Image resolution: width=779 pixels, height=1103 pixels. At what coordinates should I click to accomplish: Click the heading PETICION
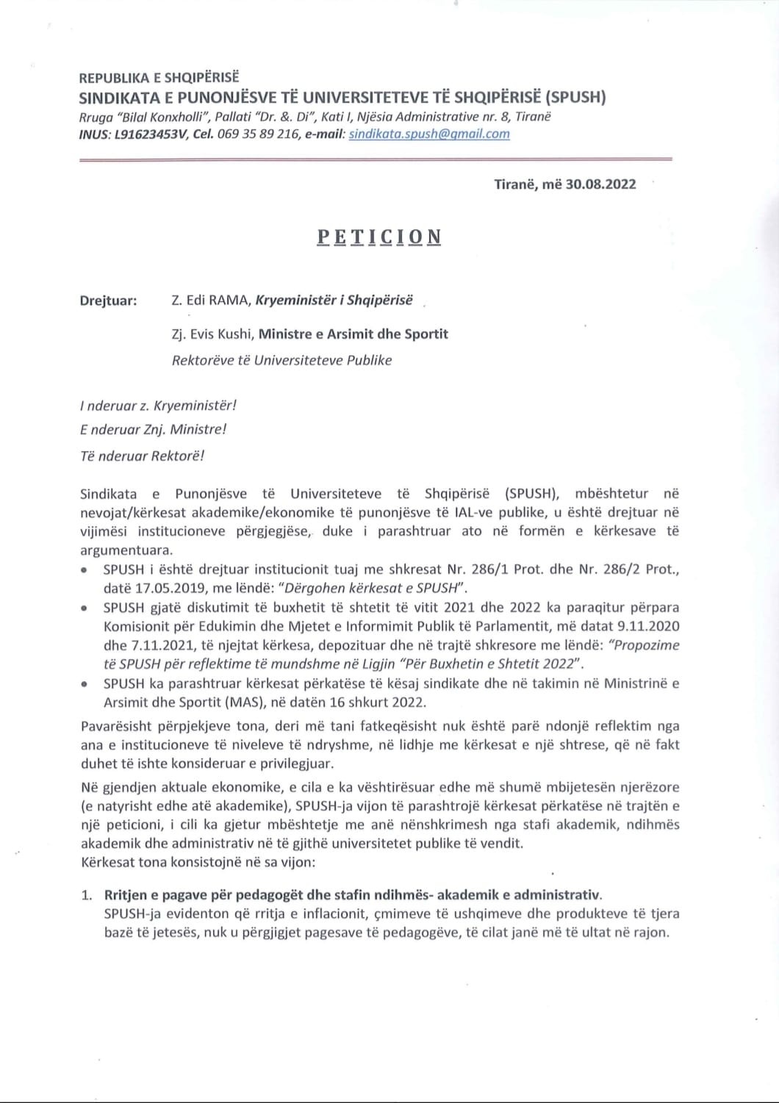(379, 237)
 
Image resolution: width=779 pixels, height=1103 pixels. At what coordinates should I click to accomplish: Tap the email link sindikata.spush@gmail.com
(429, 134)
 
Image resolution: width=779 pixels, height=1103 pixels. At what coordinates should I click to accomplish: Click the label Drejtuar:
(108, 301)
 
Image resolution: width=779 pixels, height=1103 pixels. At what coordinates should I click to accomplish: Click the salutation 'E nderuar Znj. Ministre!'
(153, 429)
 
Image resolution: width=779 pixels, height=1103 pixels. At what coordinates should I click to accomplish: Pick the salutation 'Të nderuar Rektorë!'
(141, 456)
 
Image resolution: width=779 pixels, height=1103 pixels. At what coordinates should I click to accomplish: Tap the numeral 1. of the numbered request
(87, 895)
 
